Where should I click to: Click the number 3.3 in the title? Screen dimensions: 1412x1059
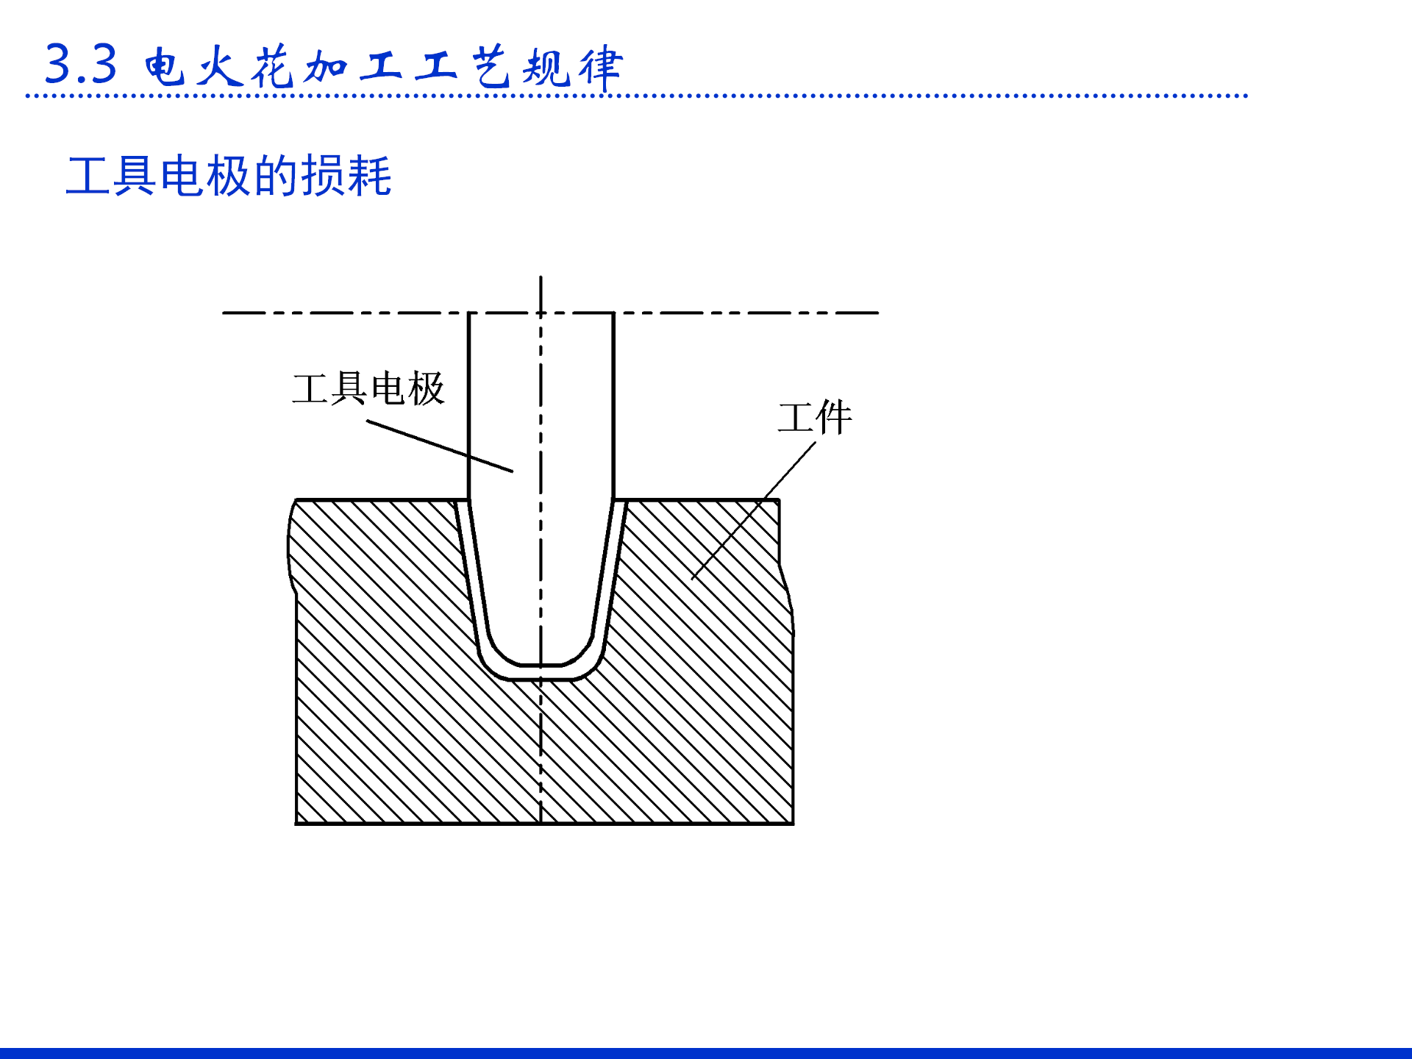[81, 65]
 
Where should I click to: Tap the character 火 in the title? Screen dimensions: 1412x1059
[219, 67]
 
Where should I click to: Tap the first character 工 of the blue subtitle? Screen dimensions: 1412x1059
[88, 176]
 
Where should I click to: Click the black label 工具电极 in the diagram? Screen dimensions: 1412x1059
[368, 388]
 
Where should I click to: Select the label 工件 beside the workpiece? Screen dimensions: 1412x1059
[815, 417]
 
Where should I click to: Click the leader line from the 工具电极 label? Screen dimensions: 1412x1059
[440, 446]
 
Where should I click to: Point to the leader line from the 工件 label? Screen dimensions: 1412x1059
[754, 510]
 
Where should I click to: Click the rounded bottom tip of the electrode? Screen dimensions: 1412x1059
[541, 663]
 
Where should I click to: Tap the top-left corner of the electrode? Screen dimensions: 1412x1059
[469, 313]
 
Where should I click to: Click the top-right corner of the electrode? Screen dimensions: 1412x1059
[613, 313]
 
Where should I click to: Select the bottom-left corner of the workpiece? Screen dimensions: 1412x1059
[296, 823]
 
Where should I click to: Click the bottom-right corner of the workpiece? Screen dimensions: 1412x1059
[793, 823]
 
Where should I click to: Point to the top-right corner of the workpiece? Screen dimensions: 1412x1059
[779, 501]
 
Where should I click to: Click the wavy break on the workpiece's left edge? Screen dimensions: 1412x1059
[290, 548]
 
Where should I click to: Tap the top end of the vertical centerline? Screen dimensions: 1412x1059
[541, 278]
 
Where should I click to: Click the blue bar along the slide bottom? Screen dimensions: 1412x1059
[706, 1053]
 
